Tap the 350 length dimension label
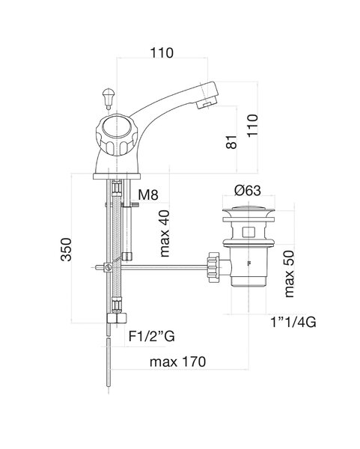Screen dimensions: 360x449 click(66, 249)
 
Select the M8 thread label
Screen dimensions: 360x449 click(148, 195)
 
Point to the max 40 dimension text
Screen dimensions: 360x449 click(165, 233)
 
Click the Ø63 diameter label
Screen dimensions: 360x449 click(248, 191)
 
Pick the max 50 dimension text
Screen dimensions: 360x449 click(289, 274)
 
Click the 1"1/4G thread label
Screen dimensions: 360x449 click(293, 323)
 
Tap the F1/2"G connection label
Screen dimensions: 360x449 click(151, 337)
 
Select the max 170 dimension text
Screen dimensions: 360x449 click(177, 362)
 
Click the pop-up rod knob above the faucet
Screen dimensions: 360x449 click(109, 98)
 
